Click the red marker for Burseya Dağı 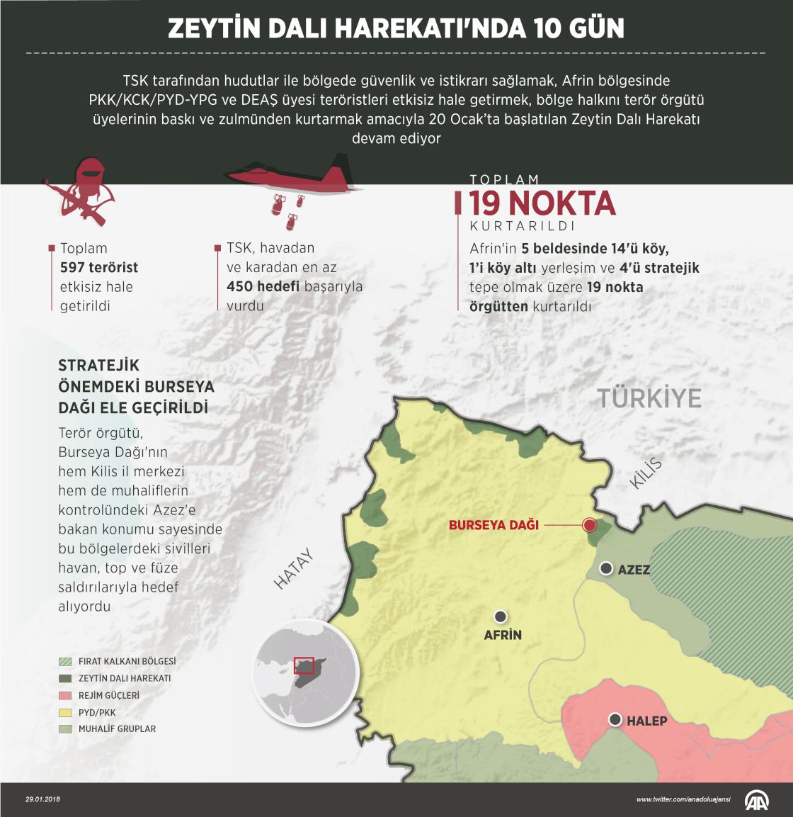pos(589,525)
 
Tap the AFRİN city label pos(503,635)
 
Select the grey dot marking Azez pos(606,568)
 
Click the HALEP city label pos(646,721)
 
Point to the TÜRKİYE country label pos(649,398)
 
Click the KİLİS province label pos(646,473)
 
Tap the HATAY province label pos(294,569)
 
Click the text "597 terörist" pos(99,267)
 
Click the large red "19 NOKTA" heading pos(542,203)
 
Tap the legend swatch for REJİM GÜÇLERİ pos(65,695)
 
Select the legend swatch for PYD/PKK pos(65,712)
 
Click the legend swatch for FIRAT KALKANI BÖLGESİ pos(65,661)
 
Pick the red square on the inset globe pos(304,665)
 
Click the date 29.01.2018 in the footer pos(43,799)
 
